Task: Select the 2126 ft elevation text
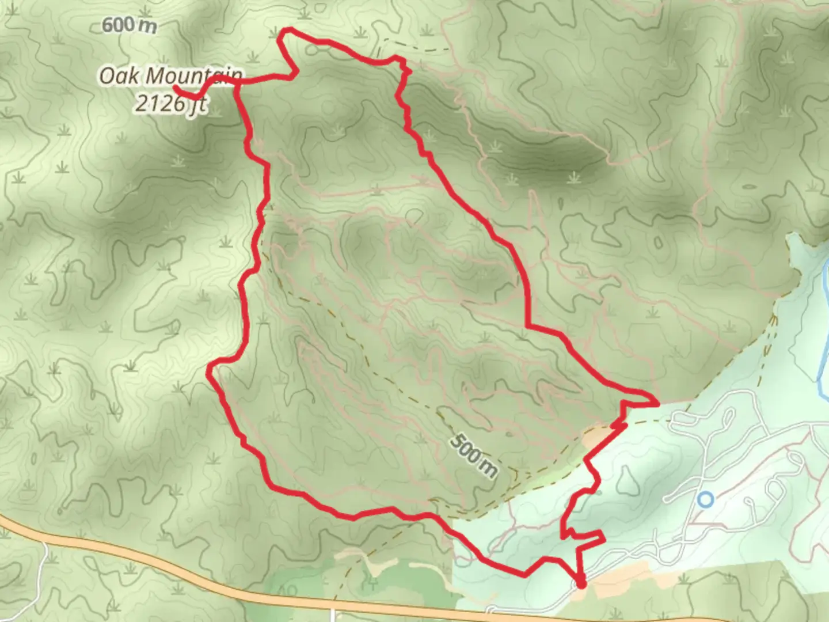(170, 104)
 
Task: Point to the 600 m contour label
(129, 25)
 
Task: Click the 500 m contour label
(473, 456)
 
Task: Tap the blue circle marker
(705, 499)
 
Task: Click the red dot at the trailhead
(581, 584)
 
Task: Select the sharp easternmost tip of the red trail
(657, 403)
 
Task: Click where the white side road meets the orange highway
(333, 606)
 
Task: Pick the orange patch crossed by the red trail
(599, 438)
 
